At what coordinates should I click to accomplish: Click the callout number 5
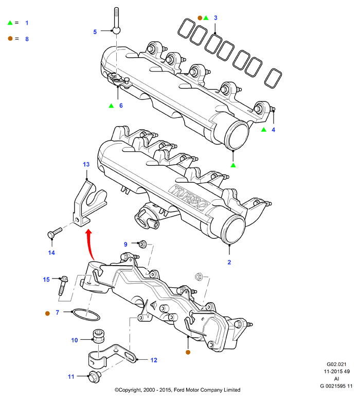point(95,32)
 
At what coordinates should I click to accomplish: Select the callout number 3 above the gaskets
point(215,18)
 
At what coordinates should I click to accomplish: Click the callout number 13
point(86,164)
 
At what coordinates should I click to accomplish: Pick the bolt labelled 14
point(55,232)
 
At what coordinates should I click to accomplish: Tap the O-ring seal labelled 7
point(86,315)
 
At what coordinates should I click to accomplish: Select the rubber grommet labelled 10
point(98,337)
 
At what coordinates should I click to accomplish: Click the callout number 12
point(154,360)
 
